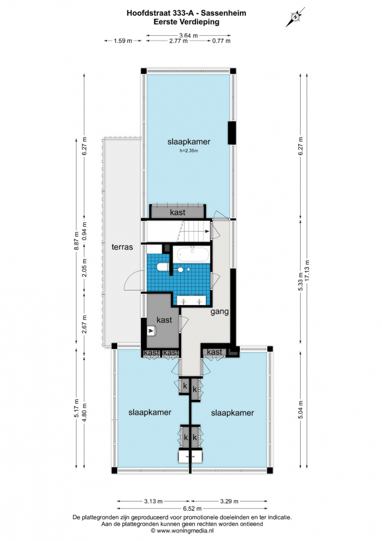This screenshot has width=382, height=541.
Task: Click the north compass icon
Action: [x=295, y=16]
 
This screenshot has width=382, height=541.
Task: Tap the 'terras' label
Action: [x=123, y=247]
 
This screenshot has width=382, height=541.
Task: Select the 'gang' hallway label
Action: [x=220, y=312]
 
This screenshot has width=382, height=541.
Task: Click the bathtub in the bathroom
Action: [x=193, y=255]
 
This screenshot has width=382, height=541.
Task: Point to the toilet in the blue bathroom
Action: [x=162, y=267]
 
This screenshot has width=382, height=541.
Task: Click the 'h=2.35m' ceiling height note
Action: [x=189, y=150]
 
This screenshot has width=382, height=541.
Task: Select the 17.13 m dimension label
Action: [x=307, y=271]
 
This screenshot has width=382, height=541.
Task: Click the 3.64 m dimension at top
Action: [x=189, y=35]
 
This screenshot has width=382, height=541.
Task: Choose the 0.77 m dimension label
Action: [x=221, y=41]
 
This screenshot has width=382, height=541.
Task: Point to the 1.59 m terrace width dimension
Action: [x=123, y=41]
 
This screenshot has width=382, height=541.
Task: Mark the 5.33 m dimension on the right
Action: [x=301, y=282]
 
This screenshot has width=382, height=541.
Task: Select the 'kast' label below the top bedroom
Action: [x=177, y=212]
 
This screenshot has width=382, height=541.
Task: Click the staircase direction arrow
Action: [x=196, y=231]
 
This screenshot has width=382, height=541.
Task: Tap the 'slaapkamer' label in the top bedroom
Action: [x=189, y=142]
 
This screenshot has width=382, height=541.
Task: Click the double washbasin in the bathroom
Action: [x=192, y=301]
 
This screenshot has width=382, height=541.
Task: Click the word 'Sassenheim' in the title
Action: [x=223, y=13]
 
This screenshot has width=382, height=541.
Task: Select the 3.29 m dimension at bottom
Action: [x=230, y=501]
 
